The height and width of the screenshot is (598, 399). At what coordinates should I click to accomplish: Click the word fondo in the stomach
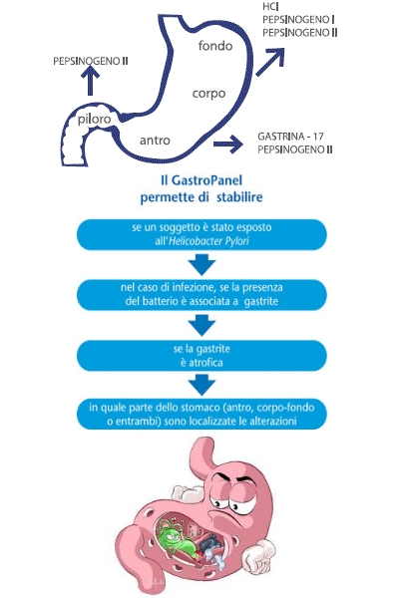215,46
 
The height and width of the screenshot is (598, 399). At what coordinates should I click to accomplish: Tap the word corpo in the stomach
208,94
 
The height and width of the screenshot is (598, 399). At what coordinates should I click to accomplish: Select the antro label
155,141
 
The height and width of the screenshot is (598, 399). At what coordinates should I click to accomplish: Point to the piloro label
94,119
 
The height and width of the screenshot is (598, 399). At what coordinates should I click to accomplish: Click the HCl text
270,7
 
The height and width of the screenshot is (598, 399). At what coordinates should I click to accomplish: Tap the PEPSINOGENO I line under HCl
298,20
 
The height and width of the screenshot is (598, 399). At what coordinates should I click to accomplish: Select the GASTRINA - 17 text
291,137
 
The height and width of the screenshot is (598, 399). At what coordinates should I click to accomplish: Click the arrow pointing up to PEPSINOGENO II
90,80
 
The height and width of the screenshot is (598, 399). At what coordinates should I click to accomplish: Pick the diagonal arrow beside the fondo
270,62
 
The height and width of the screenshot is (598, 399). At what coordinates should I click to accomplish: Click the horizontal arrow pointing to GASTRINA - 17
228,144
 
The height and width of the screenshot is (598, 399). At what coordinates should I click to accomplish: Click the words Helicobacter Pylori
208,241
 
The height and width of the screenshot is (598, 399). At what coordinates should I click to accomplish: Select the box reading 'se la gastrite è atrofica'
201,356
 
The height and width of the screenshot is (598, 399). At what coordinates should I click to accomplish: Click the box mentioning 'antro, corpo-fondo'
201,415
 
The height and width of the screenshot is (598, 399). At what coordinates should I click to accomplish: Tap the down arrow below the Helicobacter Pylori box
201,265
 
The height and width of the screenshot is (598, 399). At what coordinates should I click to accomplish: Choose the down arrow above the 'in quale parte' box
201,385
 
